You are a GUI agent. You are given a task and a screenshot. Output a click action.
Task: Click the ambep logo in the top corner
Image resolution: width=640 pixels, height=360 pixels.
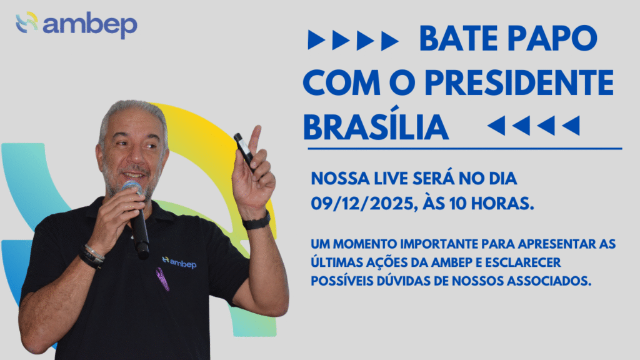(x=76, y=25)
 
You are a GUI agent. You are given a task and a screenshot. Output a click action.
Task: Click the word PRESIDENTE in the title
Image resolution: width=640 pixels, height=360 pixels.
(x=519, y=83)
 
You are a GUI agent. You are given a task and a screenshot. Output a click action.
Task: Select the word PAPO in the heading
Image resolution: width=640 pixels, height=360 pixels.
(x=552, y=38)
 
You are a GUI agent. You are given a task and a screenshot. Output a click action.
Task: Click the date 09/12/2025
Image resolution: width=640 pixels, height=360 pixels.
(x=364, y=203)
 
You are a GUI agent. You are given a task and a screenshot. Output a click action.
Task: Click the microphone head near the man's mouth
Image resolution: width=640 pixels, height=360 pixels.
(x=132, y=187)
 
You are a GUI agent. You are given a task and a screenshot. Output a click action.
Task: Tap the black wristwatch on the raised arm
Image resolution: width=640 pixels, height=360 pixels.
(x=256, y=221)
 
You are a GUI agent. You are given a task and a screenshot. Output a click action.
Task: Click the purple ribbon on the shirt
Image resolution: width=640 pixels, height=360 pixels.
(x=162, y=279)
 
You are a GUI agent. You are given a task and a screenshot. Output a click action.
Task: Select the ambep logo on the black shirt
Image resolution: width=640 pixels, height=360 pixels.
(x=179, y=262)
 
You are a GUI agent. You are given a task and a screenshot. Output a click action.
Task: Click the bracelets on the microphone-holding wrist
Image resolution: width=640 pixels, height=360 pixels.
(x=92, y=256)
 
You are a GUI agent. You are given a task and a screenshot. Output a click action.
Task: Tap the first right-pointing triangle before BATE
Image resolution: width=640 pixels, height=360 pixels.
(x=316, y=40)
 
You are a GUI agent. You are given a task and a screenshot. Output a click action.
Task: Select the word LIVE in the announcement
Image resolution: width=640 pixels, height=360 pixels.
(x=386, y=179)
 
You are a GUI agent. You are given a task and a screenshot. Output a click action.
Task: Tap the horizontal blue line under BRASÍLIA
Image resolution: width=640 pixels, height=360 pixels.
(x=464, y=149)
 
